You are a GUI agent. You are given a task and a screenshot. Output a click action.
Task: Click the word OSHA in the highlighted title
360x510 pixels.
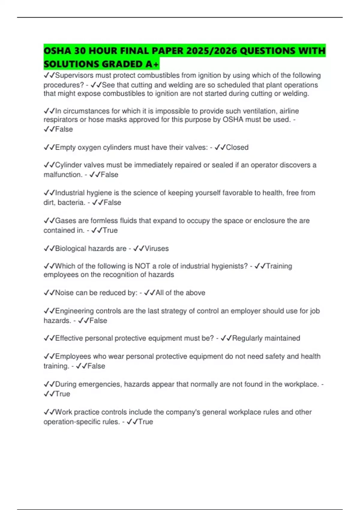click(x=57, y=51)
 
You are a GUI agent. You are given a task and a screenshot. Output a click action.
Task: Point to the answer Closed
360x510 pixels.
click(x=237, y=147)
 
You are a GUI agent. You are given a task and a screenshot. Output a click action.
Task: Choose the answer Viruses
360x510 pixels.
click(x=157, y=248)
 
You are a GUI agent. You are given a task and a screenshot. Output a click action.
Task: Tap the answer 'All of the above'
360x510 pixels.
click(x=180, y=292)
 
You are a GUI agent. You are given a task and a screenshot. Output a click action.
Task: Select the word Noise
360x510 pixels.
click(x=64, y=292)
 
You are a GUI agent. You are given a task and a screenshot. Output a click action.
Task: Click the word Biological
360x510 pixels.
click(x=69, y=248)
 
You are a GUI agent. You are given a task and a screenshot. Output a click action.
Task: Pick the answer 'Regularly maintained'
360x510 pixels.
click(x=266, y=338)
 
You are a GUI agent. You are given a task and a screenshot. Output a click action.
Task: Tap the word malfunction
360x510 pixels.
click(x=62, y=175)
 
